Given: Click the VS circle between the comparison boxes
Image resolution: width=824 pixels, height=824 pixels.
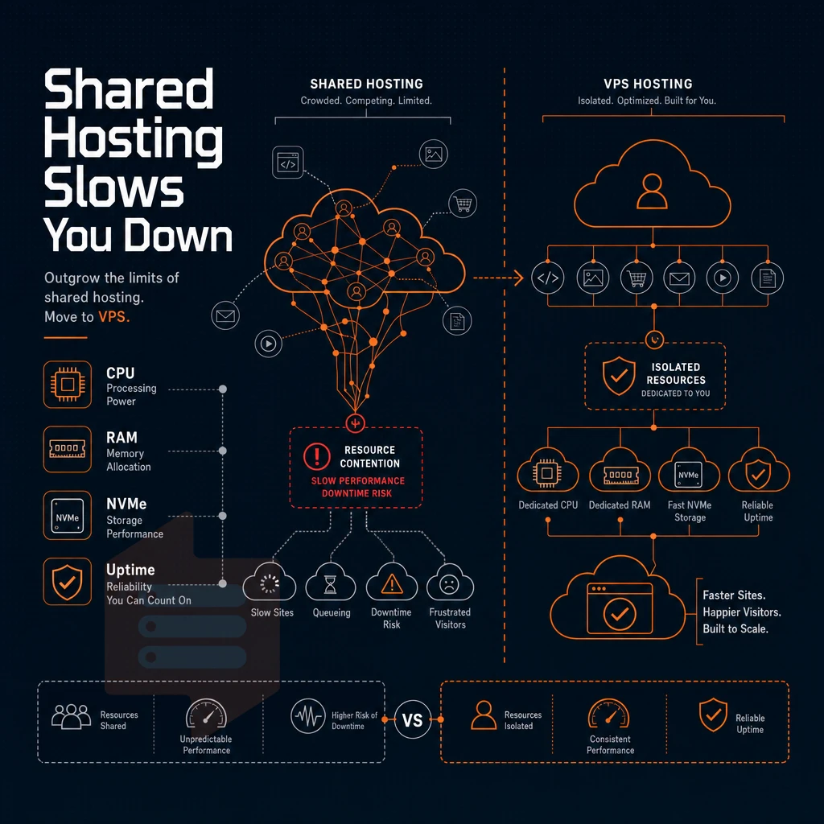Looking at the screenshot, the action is [413, 719].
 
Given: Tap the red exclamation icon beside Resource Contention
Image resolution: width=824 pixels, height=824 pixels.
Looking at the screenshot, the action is [317, 456].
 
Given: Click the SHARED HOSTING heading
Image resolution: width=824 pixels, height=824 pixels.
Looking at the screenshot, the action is [366, 84].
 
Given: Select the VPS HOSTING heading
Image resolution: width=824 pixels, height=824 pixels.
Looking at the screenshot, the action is [648, 84].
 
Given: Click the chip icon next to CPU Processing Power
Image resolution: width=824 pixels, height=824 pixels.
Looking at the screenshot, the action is [68, 385].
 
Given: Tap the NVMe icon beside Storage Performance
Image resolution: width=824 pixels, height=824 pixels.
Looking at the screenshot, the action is [68, 516].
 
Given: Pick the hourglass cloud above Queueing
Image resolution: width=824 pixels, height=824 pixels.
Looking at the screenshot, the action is [331, 582].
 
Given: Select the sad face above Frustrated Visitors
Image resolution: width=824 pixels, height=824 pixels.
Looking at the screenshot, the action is [449, 584].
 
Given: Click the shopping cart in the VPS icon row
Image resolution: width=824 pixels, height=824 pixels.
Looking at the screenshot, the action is [637, 278].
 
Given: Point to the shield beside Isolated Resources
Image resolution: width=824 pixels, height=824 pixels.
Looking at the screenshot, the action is [619, 376].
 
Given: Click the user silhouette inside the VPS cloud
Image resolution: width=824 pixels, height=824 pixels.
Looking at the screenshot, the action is [652, 192].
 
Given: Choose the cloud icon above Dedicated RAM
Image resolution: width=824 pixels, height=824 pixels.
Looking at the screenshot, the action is [620, 470].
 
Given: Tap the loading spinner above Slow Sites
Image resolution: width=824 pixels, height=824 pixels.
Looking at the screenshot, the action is [270, 584].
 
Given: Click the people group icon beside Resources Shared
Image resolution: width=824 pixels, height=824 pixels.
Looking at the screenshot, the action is [71, 716].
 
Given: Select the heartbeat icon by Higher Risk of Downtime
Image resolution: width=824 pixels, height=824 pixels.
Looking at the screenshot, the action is [308, 715].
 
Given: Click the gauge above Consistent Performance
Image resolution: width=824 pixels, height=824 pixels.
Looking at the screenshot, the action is [609, 714].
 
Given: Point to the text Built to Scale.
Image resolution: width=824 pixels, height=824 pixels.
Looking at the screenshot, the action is [735, 629].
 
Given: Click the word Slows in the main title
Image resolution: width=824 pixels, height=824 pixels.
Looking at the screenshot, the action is [113, 187].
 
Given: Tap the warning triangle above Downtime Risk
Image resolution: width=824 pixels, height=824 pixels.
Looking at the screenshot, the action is [392, 583].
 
